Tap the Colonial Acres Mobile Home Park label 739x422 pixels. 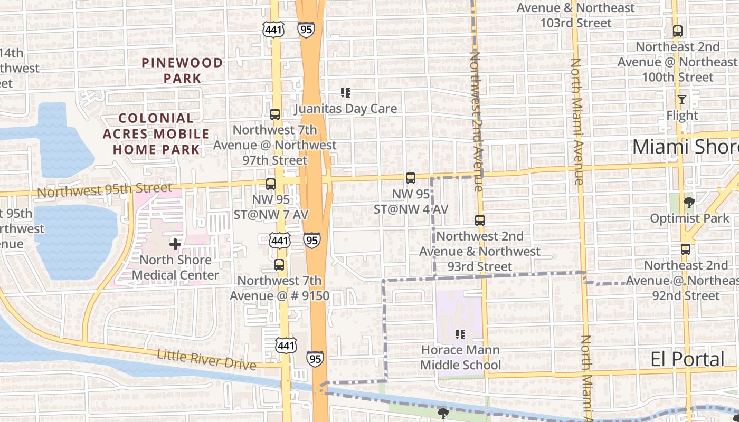coord(156,133)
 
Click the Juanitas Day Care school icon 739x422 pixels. coord(346,93)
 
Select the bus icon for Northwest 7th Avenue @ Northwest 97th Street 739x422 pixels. coord(274,114)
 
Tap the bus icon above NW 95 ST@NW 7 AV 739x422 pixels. coord(271,184)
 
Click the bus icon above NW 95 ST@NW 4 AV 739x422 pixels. coord(411,178)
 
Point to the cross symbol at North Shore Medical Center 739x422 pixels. coord(175,244)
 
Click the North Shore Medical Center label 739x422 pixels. coord(175,267)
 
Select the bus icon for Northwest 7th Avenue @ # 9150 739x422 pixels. coord(279,265)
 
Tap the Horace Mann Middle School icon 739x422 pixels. coord(460,334)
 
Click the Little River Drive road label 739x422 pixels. coord(206,360)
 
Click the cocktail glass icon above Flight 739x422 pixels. coord(682,99)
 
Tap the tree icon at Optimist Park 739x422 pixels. coord(689,202)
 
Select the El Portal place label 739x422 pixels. coord(687,359)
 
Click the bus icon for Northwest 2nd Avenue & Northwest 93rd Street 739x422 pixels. coord(479,220)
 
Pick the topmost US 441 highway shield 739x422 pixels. coord(273,30)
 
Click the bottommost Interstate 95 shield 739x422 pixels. coord(315,359)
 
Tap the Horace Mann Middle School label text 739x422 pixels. coord(460,357)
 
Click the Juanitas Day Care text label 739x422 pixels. coord(345,109)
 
